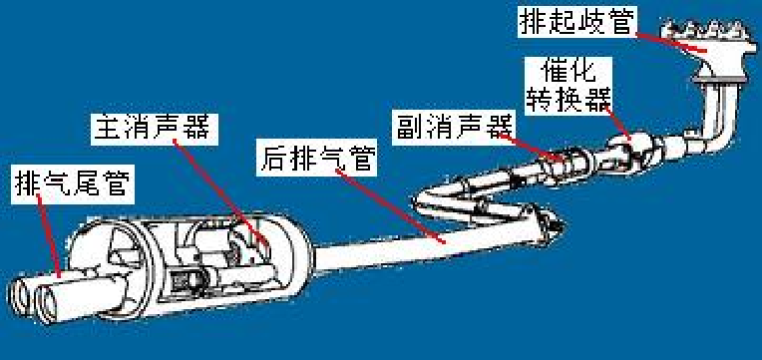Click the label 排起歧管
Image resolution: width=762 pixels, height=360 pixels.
click(575, 21)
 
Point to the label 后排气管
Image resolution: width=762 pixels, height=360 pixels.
click(317, 159)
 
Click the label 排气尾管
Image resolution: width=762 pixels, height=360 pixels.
click(73, 184)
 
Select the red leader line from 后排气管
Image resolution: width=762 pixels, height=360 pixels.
click(390, 205)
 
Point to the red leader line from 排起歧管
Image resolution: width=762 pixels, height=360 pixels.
click(670, 42)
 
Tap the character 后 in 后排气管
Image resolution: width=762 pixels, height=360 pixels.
click(273, 159)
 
